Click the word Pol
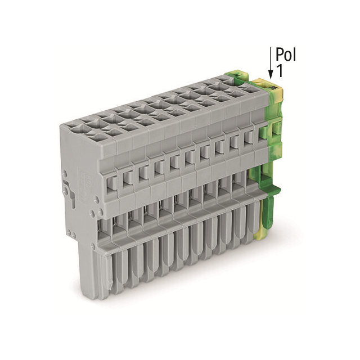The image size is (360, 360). [285, 55]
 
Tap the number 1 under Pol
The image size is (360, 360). [280, 71]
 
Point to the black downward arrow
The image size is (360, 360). [271, 64]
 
